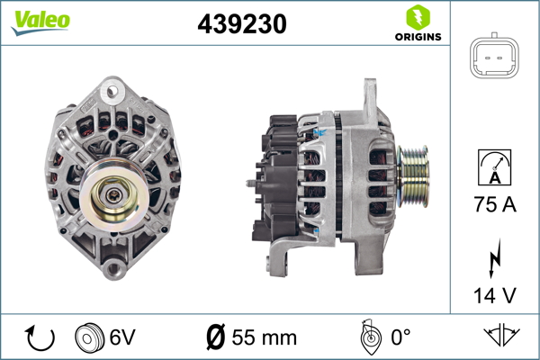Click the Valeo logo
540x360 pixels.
pyautogui.click(x=40, y=22)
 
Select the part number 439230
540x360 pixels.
pyautogui.click(x=242, y=23)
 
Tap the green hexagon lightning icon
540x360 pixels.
pyautogui.click(x=418, y=17)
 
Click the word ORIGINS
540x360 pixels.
pyautogui.click(x=418, y=37)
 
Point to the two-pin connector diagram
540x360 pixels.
pyautogui.click(x=494, y=56)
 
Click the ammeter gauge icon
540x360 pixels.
pyautogui.click(x=494, y=167)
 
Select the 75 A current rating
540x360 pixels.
pyautogui.click(x=495, y=204)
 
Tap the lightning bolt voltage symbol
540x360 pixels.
pyautogui.click(x=494, y=258)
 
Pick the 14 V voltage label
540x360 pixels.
pyautogui.click(x=495, y=295)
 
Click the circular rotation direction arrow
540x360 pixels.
pyautogui.click(x=40, y=337)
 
